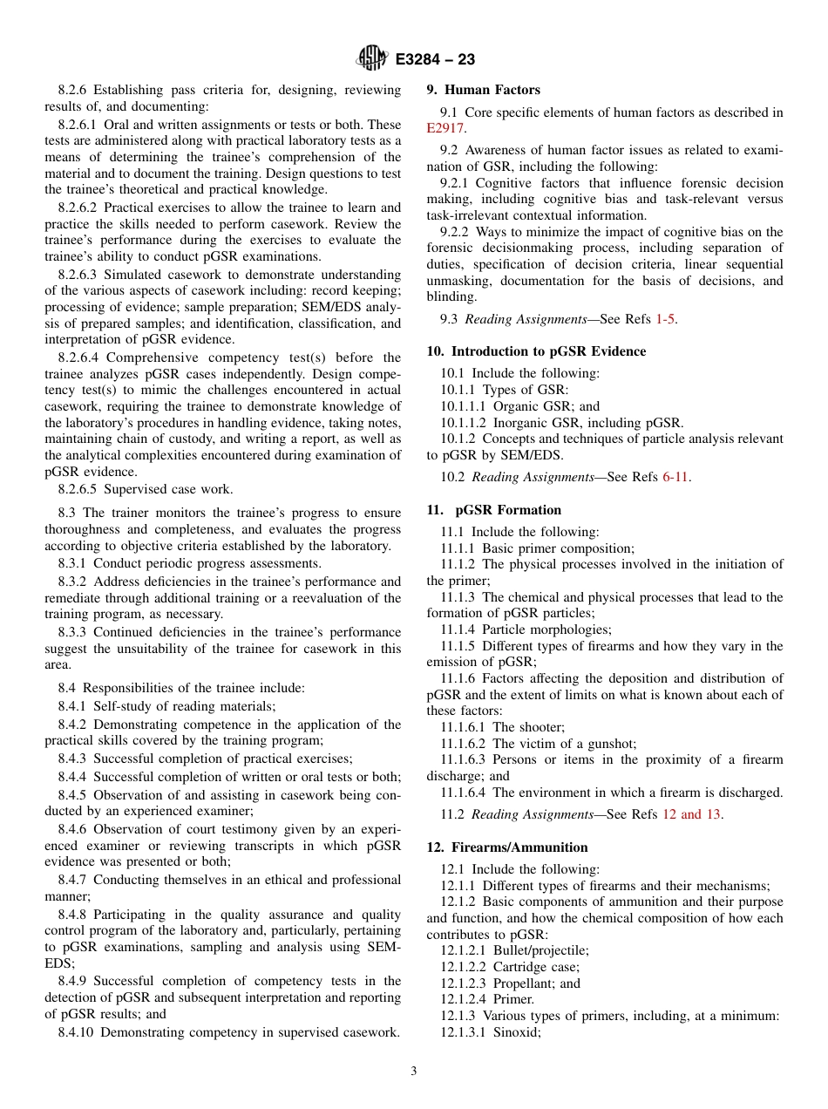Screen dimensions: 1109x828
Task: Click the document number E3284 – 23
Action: coord(435,60)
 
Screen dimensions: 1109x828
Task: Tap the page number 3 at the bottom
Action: coord(413,1072)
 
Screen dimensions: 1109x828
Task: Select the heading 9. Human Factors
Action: coord(483,90)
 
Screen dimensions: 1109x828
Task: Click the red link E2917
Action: coord(445,128)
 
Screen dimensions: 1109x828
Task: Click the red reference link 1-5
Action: coord(665,319)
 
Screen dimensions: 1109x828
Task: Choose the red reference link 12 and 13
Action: coord(691,814)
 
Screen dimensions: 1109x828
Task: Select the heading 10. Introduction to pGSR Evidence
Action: coord(536,351)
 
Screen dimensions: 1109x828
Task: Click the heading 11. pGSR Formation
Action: coord(494,510)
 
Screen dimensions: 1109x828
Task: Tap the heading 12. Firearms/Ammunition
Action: coord(507,847)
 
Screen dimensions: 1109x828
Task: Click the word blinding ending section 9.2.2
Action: coord(451,296)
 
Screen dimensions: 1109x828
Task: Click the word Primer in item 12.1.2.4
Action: coord(513,999)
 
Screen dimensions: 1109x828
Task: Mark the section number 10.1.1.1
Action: coord(464,406)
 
